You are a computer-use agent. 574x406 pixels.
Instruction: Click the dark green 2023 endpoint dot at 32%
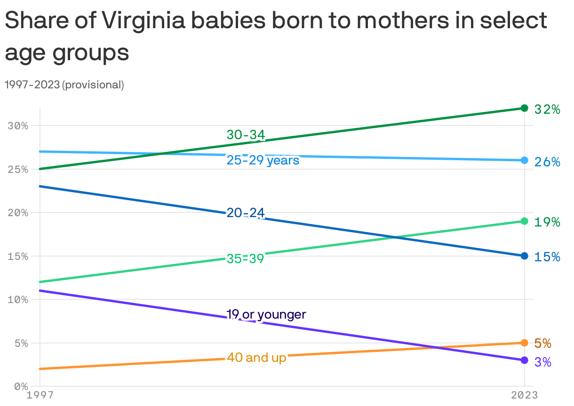point(525,108)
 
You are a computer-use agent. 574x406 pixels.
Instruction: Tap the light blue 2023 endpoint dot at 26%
point(525,160)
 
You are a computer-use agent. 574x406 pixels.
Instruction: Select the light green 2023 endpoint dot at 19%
point(525,221)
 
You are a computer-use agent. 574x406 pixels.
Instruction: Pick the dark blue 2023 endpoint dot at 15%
point(525,256)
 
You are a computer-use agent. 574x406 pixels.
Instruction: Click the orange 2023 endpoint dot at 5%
point(525,343)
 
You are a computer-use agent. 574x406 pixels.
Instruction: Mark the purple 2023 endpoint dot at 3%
point(525,360)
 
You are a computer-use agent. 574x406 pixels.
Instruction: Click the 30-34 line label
point(246,135)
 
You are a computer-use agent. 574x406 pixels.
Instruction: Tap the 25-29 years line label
point(263,160)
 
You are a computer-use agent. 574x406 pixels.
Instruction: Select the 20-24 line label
point(246,213)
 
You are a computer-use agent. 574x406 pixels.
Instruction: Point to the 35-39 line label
point(245,258)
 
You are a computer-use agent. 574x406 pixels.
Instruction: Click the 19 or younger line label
point(266,314)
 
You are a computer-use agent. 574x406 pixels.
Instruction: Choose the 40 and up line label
point(256,358)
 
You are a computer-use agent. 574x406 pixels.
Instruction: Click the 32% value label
point(547,109)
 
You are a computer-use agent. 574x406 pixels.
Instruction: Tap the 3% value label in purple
point(543,362)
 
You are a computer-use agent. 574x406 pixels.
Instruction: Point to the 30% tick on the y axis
point(18,126)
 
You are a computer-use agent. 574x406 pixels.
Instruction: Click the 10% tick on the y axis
point(18,300)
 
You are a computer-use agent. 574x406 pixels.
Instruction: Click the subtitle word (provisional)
point(93,85)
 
